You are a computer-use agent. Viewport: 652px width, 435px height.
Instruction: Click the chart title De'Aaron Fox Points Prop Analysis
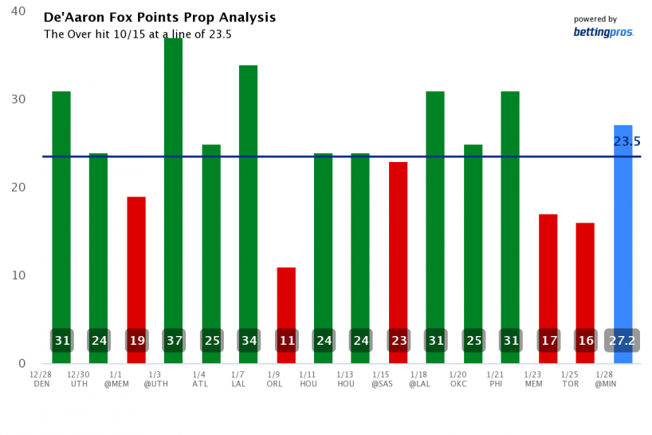[x=159, y=17]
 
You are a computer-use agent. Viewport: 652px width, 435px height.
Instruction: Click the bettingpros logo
[x=603, y=32]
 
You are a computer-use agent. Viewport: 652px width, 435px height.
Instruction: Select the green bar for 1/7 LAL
[x=249, y=192]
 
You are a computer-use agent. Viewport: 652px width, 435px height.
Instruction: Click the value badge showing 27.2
[x=623, y=341]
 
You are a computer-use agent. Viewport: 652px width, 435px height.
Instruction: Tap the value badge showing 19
[x=136, y=341]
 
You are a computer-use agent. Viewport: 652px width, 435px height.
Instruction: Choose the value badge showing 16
[x=585, y=341]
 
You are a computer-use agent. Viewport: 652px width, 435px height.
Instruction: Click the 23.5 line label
[x=626, y=142]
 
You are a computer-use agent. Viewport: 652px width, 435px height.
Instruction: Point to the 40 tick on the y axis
[x=18, y=12]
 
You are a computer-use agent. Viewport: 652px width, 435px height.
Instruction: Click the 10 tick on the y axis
[x=18, y=275]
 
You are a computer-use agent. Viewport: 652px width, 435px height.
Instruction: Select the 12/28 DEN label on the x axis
[x=42, y=378]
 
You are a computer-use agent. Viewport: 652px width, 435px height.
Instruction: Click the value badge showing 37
[x=174, y=341]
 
